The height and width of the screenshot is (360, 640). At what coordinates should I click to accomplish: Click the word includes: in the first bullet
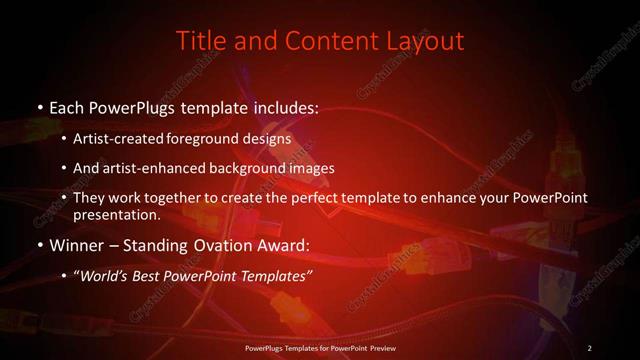pyautogui.click(x=281, y=106)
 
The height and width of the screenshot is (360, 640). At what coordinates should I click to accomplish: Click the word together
pyautogui.click(x=160, y=198)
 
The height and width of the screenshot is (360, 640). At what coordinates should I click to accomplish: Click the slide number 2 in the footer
pyautogui.click(x=590, y=347)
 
